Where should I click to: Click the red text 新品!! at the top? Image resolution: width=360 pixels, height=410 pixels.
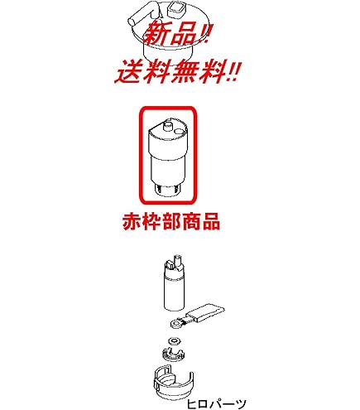click(178, 34)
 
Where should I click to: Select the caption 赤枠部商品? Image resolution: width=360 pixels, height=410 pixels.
click(171, 221)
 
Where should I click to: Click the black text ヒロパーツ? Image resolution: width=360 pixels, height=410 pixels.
click(216, 404)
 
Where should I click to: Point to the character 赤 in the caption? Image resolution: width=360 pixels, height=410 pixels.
click(132, 221)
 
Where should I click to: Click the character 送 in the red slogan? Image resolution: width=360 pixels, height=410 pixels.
click(129, 73)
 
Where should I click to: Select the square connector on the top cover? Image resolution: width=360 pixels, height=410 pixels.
click(176, 9)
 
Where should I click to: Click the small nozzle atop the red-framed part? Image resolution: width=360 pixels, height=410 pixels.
click(167, 125)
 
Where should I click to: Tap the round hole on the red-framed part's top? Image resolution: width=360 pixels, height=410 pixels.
click(180, 132)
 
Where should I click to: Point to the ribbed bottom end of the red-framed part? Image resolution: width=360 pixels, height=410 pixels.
click(166, 190)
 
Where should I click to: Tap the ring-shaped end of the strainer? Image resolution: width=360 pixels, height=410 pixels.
click(175, 323)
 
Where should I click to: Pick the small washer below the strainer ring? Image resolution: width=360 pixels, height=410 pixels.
click(174, 341)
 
